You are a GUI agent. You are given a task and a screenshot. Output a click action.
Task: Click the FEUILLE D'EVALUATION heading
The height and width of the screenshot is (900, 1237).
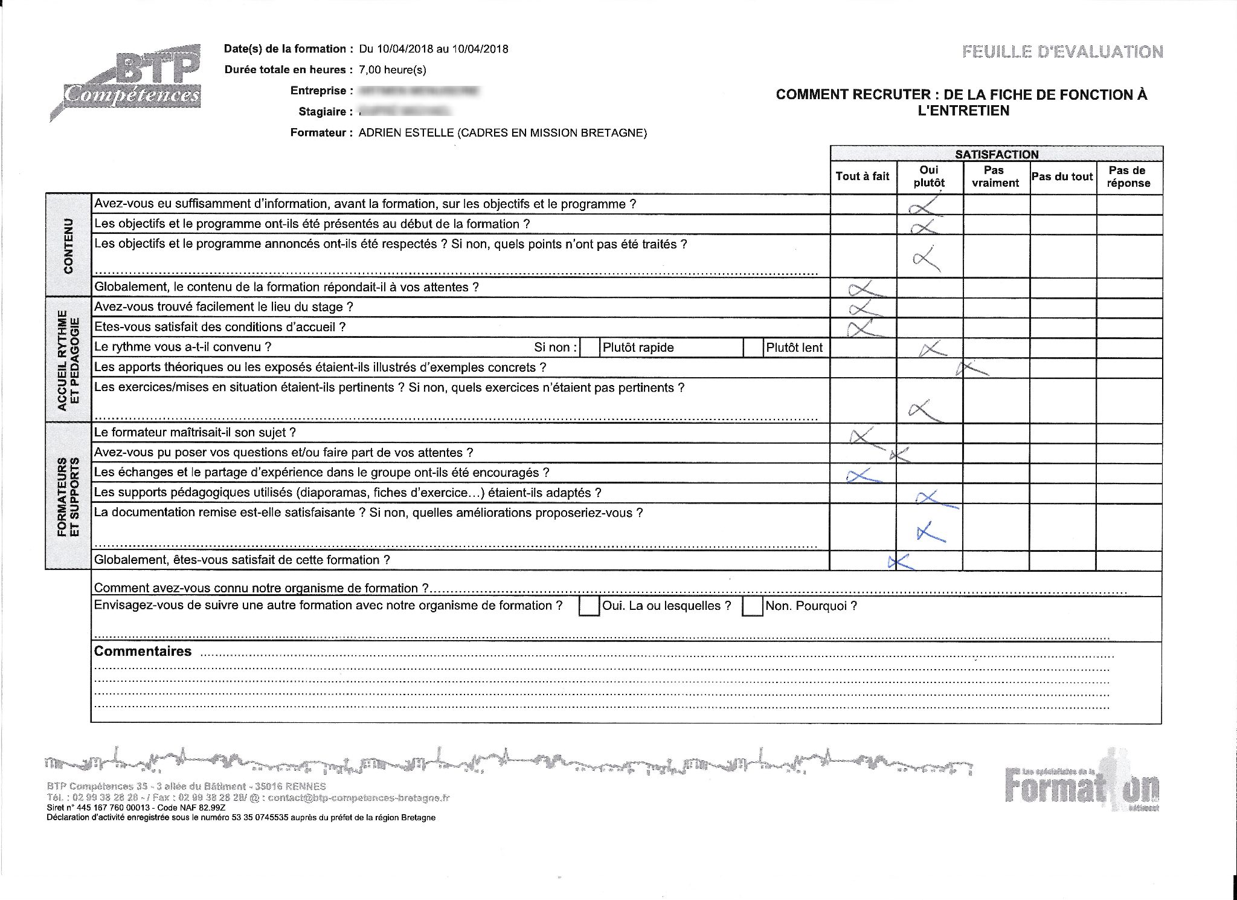pos(1062,52)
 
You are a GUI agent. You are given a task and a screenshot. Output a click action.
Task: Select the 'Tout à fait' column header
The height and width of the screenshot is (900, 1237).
pos(863,176)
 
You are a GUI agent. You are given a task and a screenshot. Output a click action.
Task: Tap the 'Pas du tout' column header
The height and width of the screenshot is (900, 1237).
pos(1062,176)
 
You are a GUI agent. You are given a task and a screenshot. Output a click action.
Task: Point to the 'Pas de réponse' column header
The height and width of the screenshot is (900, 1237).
pos(1128,176)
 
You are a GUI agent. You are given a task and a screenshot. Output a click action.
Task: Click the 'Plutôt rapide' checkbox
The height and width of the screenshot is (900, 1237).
pos(589,348)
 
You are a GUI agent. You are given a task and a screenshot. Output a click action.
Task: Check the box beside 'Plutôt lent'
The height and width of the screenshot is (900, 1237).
pos(753,348)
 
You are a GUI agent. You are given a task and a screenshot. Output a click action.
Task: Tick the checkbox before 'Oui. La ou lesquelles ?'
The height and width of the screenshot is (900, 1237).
pos(588,606)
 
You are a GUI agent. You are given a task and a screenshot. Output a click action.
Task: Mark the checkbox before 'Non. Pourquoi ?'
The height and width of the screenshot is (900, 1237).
pos(752,606)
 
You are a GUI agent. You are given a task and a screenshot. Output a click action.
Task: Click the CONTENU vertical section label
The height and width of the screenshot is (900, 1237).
pos(68,245)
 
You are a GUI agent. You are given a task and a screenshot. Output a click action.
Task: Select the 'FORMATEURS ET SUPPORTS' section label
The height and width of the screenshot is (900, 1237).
pos(68,497)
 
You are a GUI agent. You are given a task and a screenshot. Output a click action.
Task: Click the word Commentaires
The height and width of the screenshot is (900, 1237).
pos(143,652)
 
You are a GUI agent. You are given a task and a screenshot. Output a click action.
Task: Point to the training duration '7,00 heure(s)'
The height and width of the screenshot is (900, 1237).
pos(393,70)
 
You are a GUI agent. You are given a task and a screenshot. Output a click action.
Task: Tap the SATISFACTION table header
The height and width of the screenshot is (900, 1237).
pos(997,154)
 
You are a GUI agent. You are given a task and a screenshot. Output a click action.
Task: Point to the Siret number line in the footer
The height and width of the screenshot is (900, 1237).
pos(136,808)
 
